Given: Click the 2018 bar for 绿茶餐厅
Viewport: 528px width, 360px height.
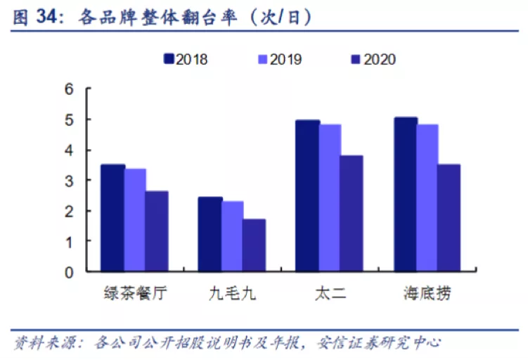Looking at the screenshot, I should (112, 218).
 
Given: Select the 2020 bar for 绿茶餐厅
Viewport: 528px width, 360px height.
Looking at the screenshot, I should (157, 231).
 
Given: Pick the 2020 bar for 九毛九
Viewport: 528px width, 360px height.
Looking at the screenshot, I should (254, 245).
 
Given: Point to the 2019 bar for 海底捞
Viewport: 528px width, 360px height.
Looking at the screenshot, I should (427, 198).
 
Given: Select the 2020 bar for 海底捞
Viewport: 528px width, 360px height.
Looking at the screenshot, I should (449, 218).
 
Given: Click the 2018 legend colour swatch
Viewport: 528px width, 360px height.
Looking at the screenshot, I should (169, 59).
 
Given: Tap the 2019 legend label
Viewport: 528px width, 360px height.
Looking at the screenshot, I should (285, 59).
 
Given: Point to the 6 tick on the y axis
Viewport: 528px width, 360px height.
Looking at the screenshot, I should (69, 89).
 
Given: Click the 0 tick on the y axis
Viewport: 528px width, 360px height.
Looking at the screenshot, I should (69, 271).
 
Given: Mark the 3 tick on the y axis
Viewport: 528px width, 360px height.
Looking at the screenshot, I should (69, 181).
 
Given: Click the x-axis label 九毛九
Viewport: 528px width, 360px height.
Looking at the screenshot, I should (233, 292).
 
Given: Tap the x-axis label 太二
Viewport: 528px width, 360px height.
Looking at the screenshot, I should (330, 292).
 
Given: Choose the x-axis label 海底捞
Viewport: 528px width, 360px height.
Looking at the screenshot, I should (427, 292).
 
